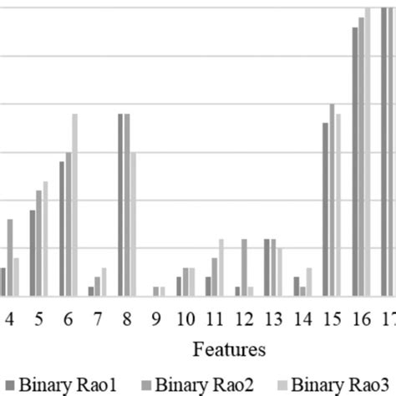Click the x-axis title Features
229,348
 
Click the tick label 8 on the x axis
127,319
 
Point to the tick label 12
244,319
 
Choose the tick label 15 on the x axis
333,319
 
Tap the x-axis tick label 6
69,319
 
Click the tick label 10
185,319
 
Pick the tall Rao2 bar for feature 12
244,267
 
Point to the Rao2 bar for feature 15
332,201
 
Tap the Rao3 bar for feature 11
221,267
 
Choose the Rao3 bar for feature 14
309,282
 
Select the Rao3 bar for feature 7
104,282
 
